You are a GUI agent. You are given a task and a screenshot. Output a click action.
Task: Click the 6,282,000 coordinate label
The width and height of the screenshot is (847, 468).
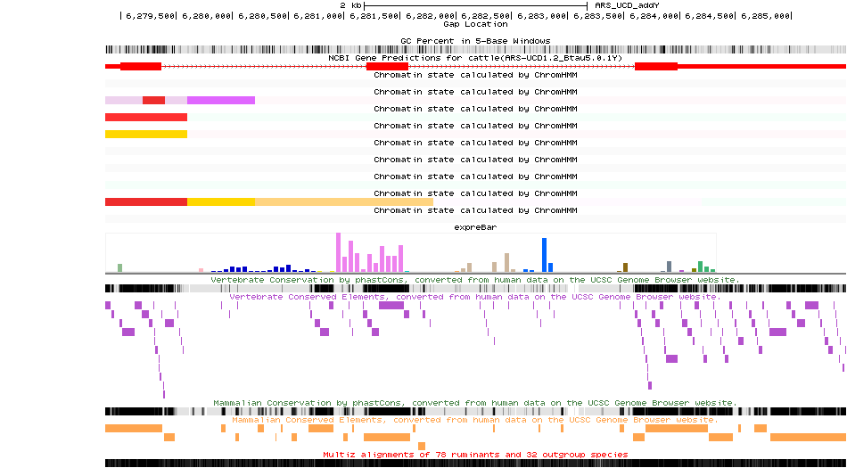pyautogui.click(x=427, y=16)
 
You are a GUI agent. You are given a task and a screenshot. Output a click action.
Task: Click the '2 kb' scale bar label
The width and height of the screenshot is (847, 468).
pyautogui.click(x=350, y=5)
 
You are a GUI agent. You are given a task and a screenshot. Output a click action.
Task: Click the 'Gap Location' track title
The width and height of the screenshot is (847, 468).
pyautogui.click(x=475, y=24)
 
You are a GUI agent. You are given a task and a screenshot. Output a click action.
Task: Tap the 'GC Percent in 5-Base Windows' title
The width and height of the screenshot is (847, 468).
pyautogui.click(x=475, y=40)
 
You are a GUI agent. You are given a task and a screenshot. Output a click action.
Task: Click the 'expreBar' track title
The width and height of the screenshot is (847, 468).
pyautogui.click(x=475, y=227)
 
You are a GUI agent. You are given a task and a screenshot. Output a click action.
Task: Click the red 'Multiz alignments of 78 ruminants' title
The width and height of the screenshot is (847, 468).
pyautogui.click(x=475, y=455)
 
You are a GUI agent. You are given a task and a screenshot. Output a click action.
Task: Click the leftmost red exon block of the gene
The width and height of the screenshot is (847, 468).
pyautogui.click(x=141, y=66)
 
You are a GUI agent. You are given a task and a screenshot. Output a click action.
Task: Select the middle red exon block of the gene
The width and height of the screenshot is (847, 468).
pyautogui.click(x=387, y=66)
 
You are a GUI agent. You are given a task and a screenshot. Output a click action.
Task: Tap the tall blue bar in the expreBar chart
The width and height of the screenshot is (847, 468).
pyautogui.click(x=544, y=255)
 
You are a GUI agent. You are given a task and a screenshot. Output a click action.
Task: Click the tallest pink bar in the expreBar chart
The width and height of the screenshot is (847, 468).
pyautogui.click(x=338, y=252)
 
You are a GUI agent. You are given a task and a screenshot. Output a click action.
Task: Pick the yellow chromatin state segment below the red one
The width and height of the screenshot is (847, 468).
pyautogui.click(x=146, y=135)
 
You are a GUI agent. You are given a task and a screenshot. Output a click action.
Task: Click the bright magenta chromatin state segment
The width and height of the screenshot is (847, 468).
pyautogui.click(x=221, y=100)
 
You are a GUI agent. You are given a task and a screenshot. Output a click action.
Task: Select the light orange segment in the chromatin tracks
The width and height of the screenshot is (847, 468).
pyautogui.click(x=343, y=202)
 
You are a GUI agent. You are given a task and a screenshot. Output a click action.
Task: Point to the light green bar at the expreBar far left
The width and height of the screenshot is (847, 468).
pyautogui.click(x=119, y=267)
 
